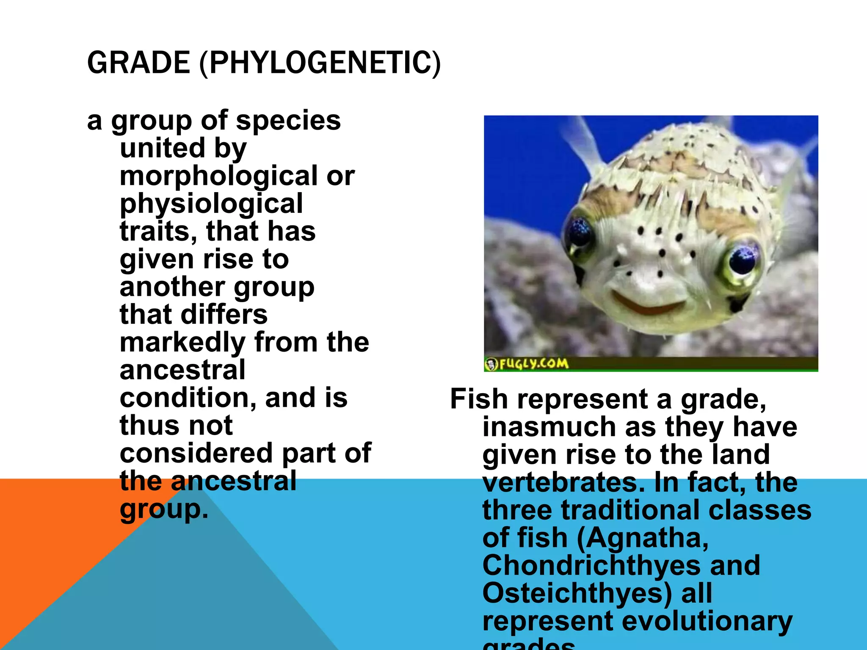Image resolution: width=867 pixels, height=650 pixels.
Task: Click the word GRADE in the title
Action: pos(138,63)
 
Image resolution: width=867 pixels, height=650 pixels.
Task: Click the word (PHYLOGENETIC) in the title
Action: pos(320,63)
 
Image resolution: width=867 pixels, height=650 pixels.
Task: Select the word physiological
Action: pos(211,204)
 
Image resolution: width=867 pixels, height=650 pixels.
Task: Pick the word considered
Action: pos(196,453)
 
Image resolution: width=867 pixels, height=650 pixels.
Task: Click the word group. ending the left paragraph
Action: pos(164,509)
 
